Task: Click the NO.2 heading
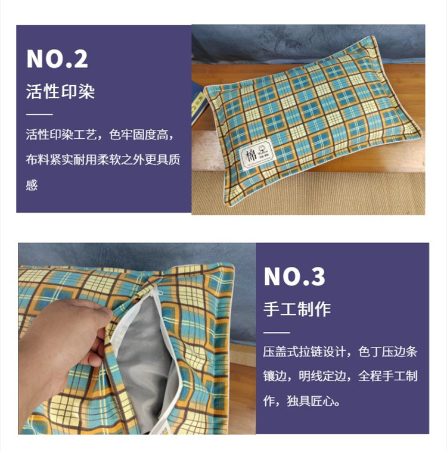[57, 59]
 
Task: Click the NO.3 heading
[294, 276]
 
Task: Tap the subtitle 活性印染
[60, 92]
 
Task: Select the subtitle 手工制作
[297, 309]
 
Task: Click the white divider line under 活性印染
[39, 113]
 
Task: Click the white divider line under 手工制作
[277, 331]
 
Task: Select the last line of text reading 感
[32, 185]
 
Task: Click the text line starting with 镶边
[340, 377]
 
